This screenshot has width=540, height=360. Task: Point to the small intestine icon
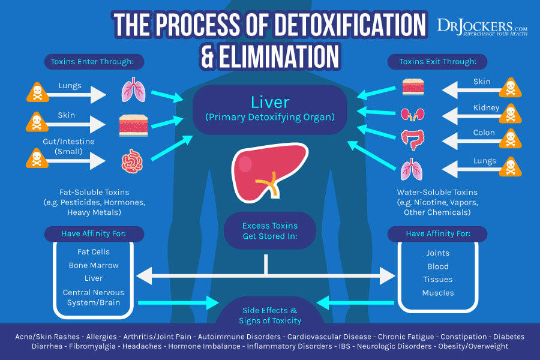pyautogui.click(x=133, y=161)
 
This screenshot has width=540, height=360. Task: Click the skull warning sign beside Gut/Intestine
pyautogui.click(x=35, y=159)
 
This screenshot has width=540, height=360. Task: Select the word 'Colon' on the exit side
pyautogui.click(x=484, y=133)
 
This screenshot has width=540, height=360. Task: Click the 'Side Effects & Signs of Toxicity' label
pyautogui.click(x=269, y=315)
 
